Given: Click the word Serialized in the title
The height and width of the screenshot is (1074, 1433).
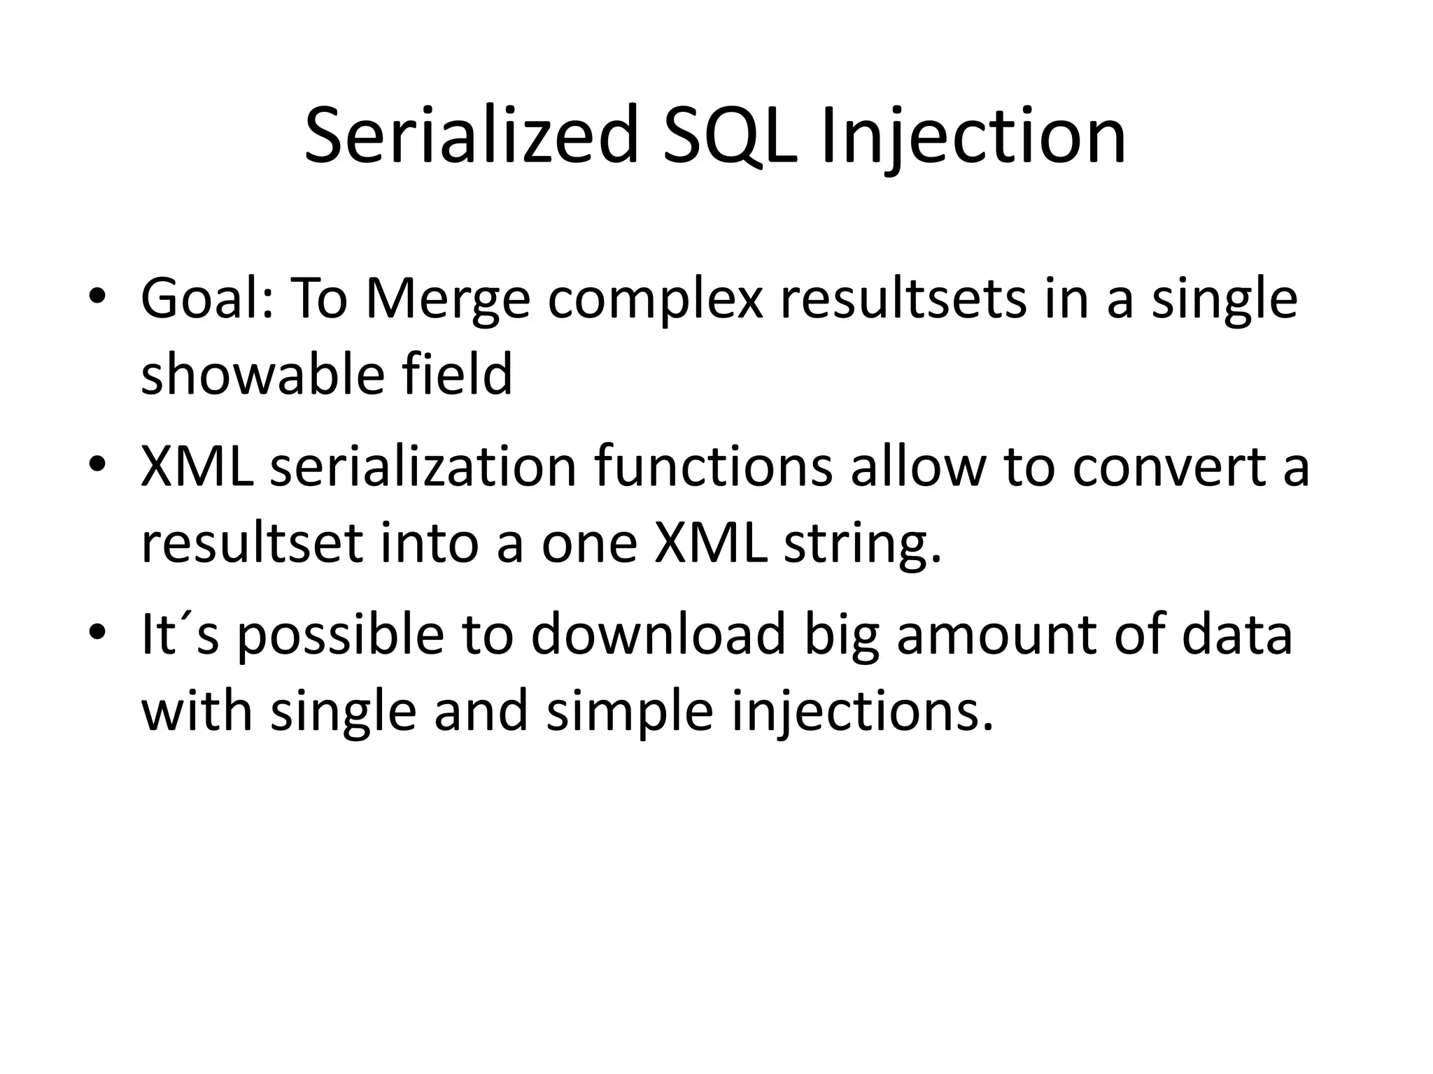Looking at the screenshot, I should point(472,136).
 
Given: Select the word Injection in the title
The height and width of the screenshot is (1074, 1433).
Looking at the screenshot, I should point(973,136).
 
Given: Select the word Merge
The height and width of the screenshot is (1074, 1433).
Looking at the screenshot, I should point(448,299).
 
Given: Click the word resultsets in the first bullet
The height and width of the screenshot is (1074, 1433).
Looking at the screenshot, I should point(902,299).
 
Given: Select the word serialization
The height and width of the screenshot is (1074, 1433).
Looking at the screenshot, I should point(423,466).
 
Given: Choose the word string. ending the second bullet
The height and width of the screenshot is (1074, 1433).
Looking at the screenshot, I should point(862,544).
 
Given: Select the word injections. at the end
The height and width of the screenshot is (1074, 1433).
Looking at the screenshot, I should point(862,712).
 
